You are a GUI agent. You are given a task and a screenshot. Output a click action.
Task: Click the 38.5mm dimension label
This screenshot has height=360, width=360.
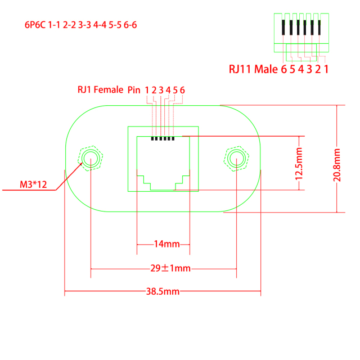click(163, 291)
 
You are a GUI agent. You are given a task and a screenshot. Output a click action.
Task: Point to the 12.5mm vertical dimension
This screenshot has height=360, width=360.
click(299, 163)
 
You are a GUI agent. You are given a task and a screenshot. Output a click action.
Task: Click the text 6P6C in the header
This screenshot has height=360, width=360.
click(35, 25)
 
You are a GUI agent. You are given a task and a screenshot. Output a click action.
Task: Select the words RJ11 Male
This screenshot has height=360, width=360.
click(253, 70)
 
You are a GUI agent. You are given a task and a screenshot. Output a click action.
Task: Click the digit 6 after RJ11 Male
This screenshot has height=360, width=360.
click(284, 70)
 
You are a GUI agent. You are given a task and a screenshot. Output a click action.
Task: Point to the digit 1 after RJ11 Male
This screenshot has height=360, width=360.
click(326, 70)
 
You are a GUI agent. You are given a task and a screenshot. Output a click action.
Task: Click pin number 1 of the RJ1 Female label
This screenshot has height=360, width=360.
click(147, 90)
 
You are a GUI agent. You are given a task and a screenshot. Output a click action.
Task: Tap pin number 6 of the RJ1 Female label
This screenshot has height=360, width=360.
click(182, 90)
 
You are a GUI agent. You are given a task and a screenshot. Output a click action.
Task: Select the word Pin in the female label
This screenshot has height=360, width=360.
click(133, 90)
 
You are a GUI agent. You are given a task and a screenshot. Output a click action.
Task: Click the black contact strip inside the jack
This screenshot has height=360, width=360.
click(164, 137)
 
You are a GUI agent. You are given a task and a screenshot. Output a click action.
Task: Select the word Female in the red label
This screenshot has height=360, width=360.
click(109, 90)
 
